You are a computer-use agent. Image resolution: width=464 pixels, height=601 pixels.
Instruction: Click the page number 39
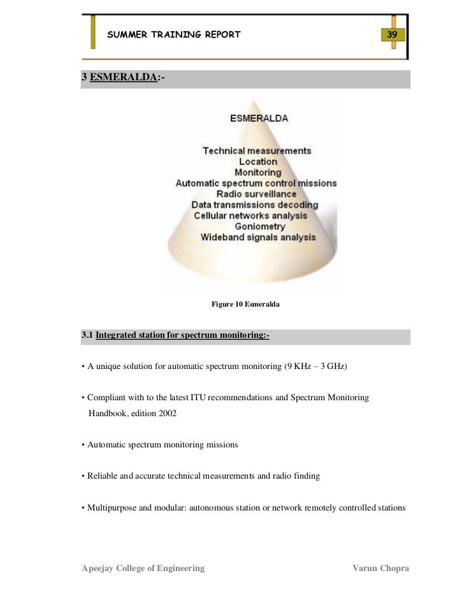(x=392, y=34)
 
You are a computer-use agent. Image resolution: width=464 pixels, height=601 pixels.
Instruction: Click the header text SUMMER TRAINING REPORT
(x=173, y=34)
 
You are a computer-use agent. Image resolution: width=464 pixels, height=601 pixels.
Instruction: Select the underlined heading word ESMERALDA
(x=124, y=77)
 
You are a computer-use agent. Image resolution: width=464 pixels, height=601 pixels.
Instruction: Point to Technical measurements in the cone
(x=257, y=151)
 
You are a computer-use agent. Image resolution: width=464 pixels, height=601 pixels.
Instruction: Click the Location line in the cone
(x=258, y=162)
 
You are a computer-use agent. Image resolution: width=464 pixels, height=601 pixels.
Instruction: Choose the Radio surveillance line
(x=256, y=194)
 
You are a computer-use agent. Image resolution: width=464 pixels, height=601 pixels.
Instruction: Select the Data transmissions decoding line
(x=255, y=205)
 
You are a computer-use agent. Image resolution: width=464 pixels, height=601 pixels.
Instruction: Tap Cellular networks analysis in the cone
(x=250, y=215)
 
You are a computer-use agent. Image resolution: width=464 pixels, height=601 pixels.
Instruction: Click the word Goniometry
(x=259, y=226)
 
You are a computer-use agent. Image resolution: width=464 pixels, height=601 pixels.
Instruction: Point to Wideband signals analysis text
(x=258, y=237)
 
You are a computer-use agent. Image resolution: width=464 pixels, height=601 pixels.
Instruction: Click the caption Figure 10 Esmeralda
(x=245, y=305)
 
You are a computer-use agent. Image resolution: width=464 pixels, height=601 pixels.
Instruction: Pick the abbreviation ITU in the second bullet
(x=198, y=397)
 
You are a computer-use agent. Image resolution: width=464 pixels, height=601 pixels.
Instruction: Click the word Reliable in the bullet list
(x=103, y=475)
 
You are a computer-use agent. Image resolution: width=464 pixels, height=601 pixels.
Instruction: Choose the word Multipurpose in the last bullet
(x=112, y=508)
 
